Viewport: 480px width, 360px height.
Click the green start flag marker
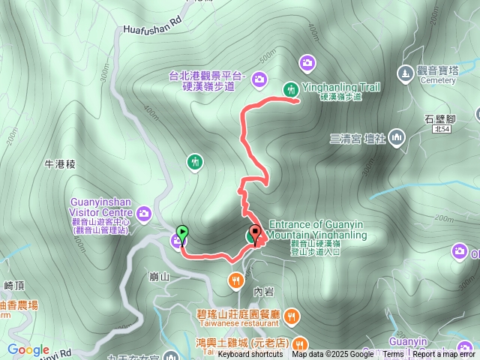[181, 232]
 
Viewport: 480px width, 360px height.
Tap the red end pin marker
[255, 232]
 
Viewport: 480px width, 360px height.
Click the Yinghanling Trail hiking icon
[290, 89]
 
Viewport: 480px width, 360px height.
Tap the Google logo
[28, 349]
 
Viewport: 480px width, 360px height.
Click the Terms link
[393, 354]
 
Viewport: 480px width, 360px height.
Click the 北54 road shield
[441, 129]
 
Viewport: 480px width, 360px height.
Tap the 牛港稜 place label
[61, 163]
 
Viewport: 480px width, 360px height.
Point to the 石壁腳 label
[441, 117]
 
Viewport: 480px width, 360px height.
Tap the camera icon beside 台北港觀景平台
[259, 78]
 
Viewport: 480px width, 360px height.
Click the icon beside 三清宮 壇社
[396, 137]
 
